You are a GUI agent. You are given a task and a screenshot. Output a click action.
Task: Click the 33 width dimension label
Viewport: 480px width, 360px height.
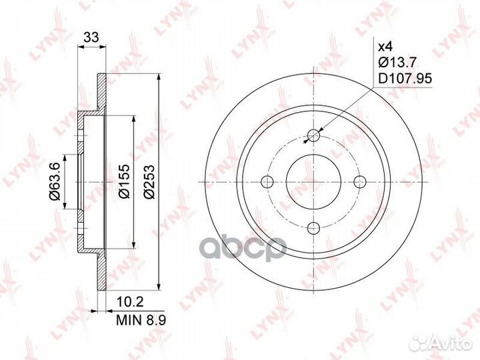91,37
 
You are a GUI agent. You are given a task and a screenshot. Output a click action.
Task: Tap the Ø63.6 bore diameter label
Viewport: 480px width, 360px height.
56,181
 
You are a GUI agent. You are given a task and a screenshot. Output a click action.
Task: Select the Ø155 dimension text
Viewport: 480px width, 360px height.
124,181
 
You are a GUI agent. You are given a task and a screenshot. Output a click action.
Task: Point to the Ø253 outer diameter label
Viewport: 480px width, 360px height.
149,182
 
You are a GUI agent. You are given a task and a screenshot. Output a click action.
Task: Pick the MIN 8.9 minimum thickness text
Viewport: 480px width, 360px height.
141,320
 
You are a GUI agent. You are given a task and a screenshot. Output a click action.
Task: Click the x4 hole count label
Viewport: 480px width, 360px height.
385,47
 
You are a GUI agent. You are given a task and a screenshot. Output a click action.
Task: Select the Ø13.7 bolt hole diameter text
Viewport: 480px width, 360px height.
397,63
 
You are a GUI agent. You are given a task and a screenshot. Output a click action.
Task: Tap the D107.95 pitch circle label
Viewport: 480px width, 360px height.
405,79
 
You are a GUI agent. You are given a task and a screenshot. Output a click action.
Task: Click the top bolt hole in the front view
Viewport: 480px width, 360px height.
313,135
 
